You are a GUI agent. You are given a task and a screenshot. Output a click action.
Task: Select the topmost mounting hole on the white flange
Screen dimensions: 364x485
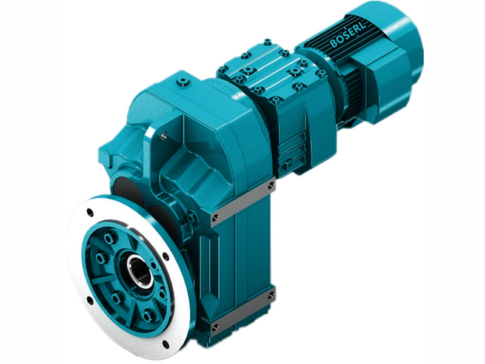pos(90,212)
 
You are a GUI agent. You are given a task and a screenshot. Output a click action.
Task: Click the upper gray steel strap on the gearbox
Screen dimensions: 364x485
pos(242,201)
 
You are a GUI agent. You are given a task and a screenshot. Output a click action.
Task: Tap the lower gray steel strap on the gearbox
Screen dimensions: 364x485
pos(242,311)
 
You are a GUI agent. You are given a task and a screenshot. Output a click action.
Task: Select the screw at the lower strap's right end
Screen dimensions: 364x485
pos(270,295)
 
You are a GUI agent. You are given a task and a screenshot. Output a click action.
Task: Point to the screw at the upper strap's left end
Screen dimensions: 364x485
pos(214,217)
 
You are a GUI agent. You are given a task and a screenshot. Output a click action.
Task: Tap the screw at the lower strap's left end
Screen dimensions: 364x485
pos(214,327)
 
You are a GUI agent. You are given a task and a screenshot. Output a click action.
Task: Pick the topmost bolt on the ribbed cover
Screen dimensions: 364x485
pos(267,42)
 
